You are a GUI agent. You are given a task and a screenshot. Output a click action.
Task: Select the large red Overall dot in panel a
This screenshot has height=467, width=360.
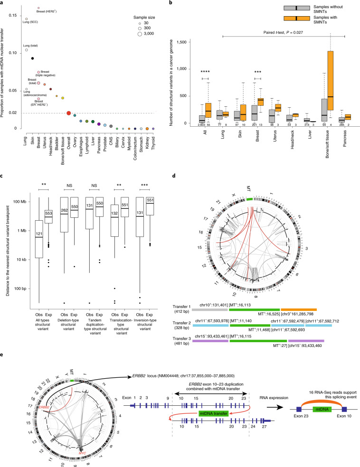point(69,113)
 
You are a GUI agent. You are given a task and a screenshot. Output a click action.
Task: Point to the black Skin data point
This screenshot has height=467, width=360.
point(32,58)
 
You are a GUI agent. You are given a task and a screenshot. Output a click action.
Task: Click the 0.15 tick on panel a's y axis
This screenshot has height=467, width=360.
point(14,15)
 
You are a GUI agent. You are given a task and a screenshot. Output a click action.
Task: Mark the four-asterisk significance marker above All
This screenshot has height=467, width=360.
point(205,72)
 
